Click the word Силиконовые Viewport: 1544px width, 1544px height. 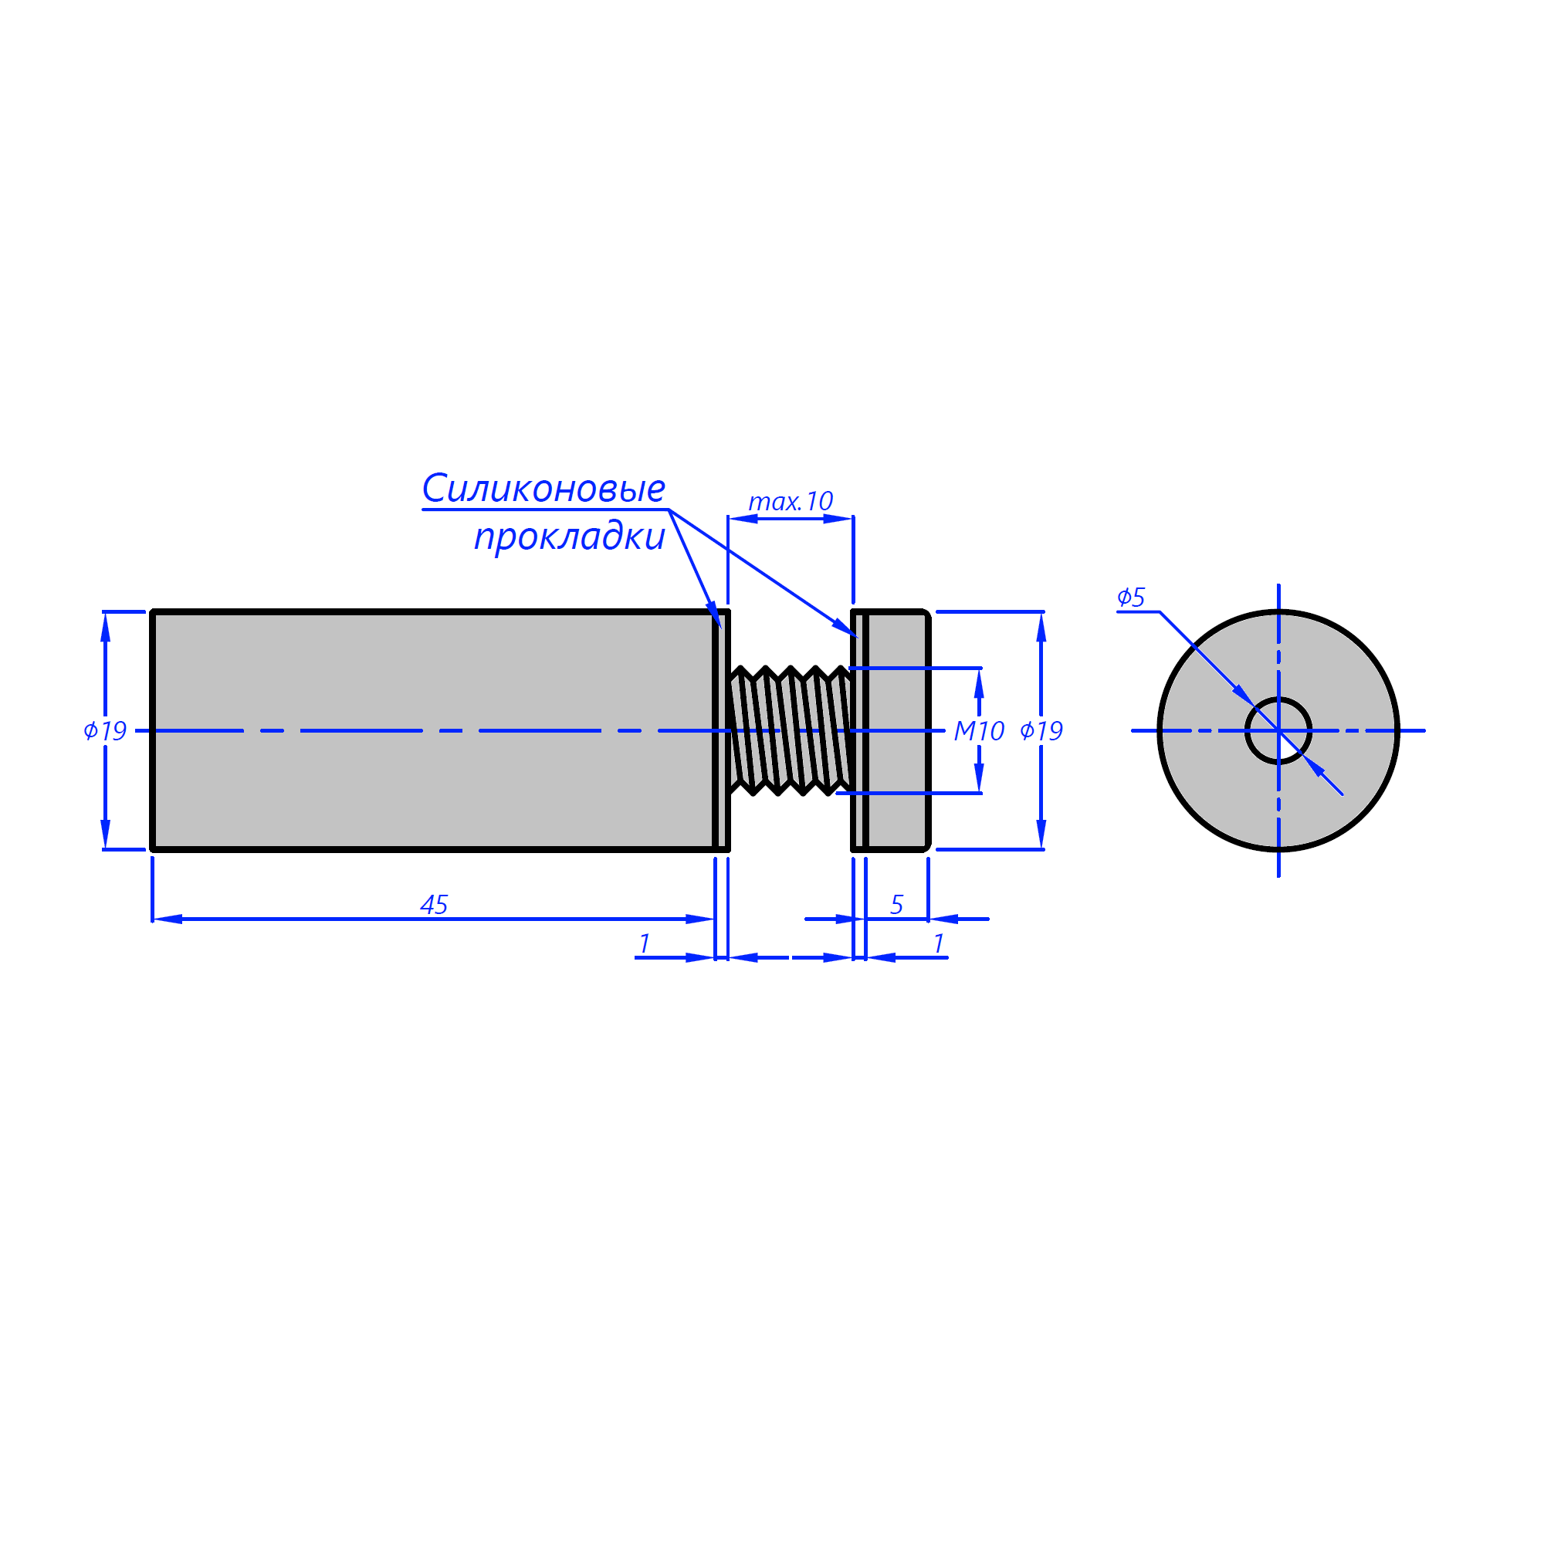[x=543, y=489]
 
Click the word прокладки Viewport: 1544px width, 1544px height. [x=569, y=537]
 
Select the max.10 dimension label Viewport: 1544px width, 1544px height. [x=791, y=501]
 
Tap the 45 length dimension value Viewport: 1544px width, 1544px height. [x=434, y=905]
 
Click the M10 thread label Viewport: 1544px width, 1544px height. [x=979, y=730]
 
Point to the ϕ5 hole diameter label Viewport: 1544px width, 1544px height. [x=1131, y=597]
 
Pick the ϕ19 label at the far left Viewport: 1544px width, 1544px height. [x=105, y=730]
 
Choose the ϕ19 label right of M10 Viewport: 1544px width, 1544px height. [x=1041, y=730]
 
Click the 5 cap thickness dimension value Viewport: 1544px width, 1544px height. [x=896, y=905]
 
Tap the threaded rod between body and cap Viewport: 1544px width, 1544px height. [x=791, y=730]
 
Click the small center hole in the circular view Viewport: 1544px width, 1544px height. [x=1278, y=730]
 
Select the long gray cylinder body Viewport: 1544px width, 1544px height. [x=433, y=730]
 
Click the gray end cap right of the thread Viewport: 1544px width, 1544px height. [x=896, y=730]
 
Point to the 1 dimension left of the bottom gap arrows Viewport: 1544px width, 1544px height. [x=644, y=944]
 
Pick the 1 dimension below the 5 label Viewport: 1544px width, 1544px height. [x=939, y=944]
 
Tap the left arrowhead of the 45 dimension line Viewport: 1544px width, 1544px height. [x=167, y=919]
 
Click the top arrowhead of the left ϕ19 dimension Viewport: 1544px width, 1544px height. [x=105, y=627]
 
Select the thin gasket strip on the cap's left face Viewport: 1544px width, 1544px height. [x=858, y=730]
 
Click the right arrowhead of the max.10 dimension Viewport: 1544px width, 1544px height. [x=838, y=519]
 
